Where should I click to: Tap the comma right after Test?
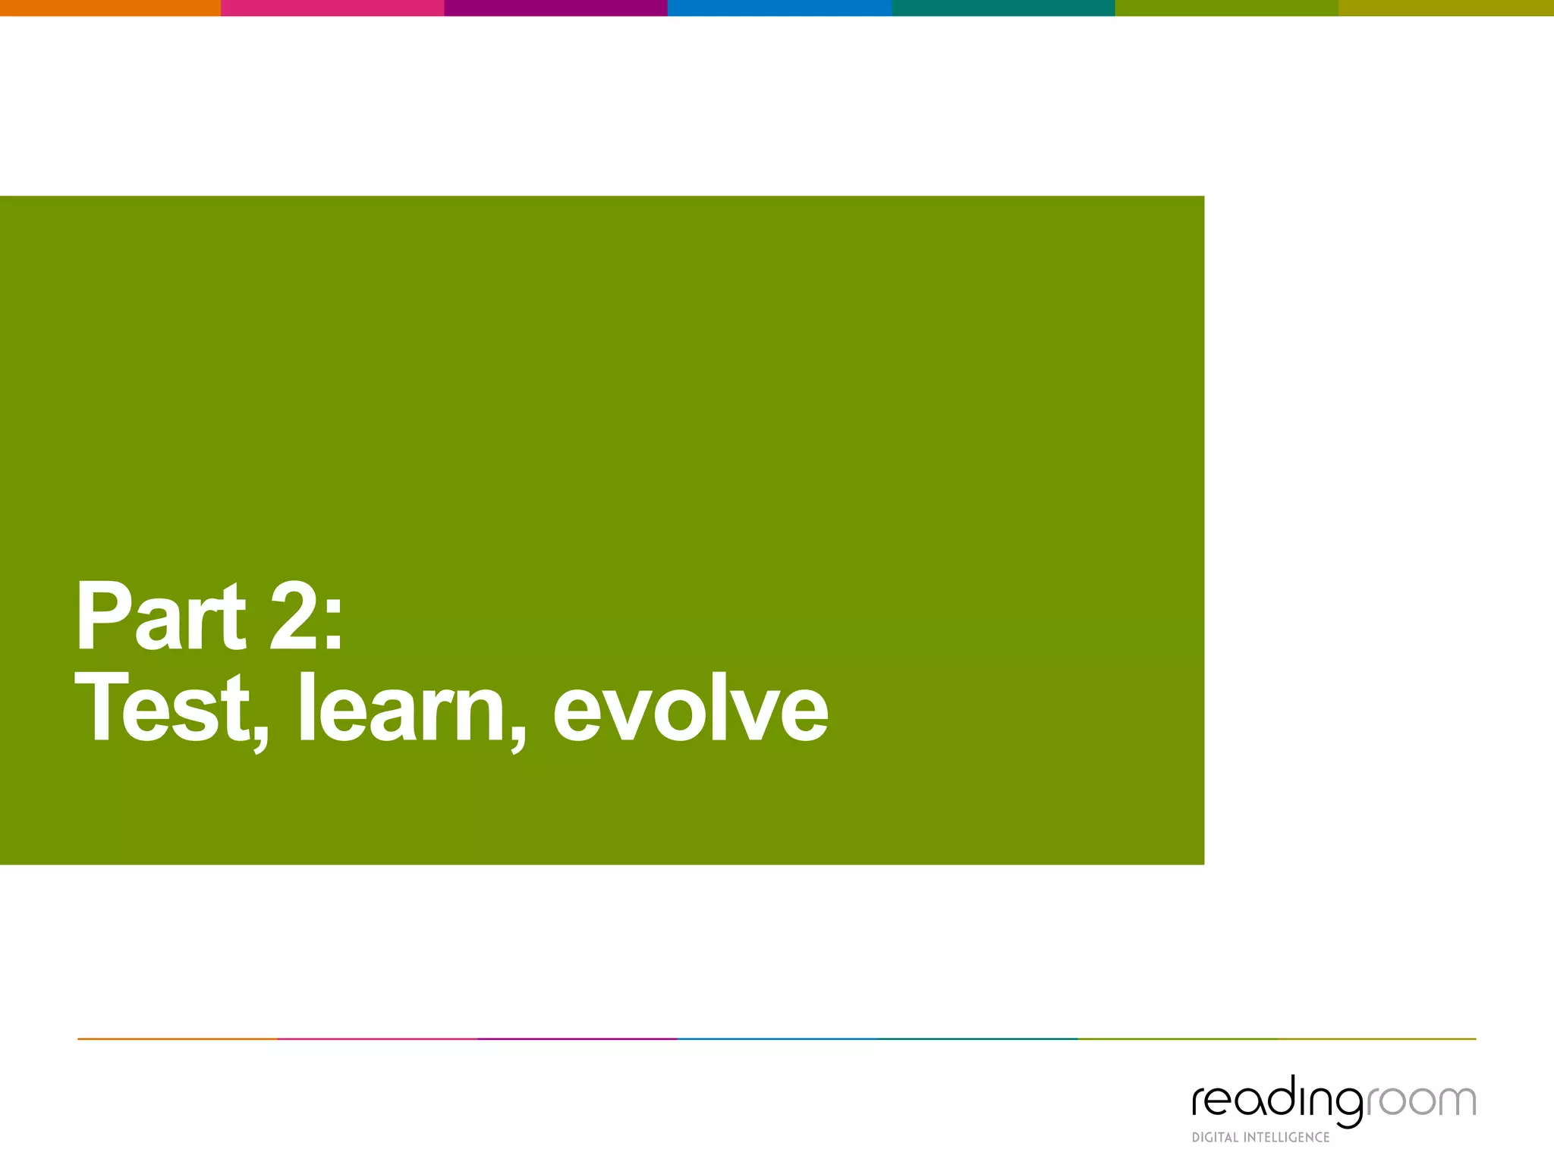[260, 740]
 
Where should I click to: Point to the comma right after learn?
[517, 740]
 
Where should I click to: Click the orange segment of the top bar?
[110, 8]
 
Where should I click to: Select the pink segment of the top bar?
[332, 8]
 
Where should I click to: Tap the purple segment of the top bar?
[555, 8]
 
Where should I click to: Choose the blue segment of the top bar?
[779, 8]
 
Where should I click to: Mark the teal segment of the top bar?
[1003, 8]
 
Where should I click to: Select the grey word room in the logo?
[1420, 1101]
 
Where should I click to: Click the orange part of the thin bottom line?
[178, 1039]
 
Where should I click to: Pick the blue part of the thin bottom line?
[777, 1039]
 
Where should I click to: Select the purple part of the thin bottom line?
[577, 1039]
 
